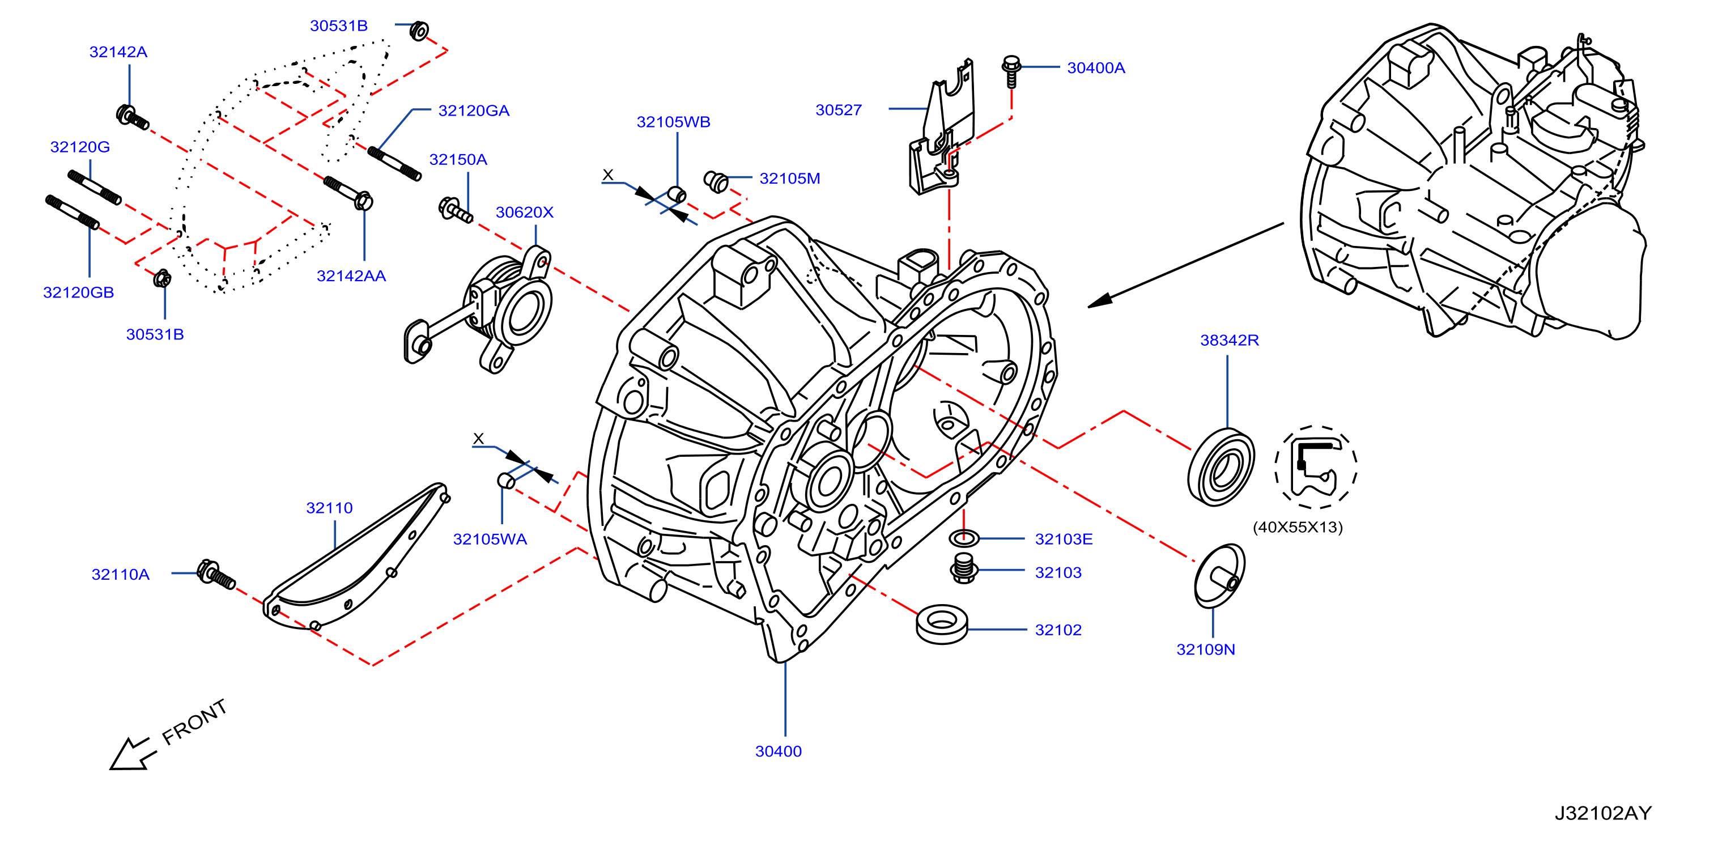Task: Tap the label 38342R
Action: click(1229, 340)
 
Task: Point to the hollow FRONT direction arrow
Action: click(132, 754)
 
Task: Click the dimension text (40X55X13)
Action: click(1297, 528)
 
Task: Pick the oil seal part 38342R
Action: click(1221, 467)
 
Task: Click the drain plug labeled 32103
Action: click(964, 568)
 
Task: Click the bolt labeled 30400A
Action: click(1011, 71)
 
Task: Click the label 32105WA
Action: click(490, 540)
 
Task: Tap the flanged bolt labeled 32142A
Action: click(132, 117)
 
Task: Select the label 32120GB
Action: click(79, 293)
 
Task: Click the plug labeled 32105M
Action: click(716, 181)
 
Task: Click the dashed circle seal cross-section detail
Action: click(1316, 467)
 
